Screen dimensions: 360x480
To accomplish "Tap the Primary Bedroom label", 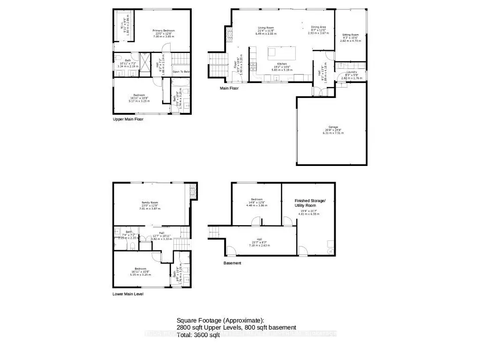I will [164, 31].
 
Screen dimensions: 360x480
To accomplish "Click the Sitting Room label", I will [350, 35].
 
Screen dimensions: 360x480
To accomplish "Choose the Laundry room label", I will [352, 72].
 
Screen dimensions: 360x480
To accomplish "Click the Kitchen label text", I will [282, 64].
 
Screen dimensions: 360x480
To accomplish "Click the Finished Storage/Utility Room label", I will [309, 202].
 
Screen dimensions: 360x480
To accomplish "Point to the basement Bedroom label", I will [256, 198].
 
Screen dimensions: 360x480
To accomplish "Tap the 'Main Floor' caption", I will [229, 88].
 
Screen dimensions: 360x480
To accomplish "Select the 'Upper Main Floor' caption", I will [128, 120].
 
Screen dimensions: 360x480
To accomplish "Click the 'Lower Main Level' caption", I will [128, 294].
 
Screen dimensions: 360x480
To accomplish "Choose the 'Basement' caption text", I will [232, 263].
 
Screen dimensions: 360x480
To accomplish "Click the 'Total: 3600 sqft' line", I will [198, 335].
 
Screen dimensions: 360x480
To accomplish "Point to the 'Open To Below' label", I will [181, 72].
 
